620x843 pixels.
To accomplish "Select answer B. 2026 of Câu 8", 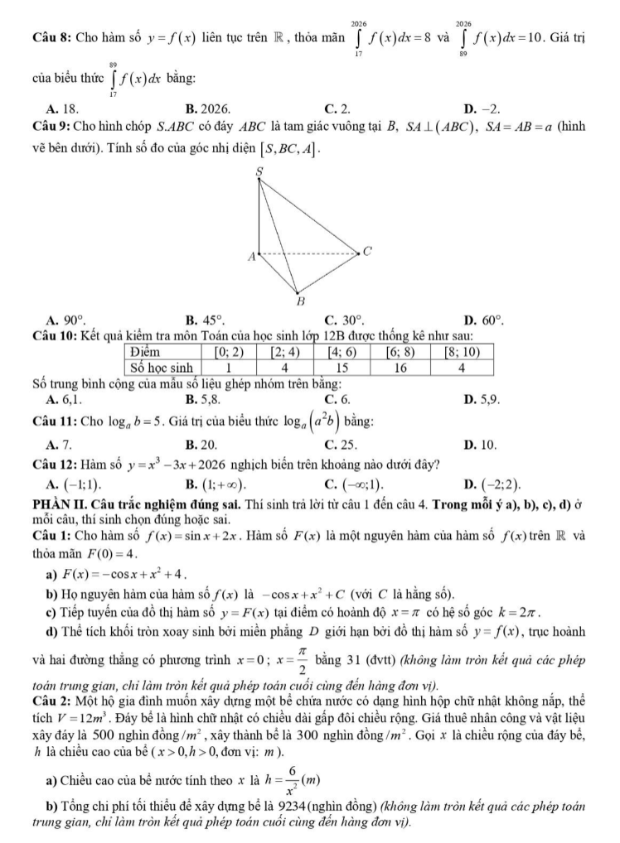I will pos(208,108).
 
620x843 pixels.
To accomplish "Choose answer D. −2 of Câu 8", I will pos(482,108).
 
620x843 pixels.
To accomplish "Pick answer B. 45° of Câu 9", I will pos(205,320).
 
